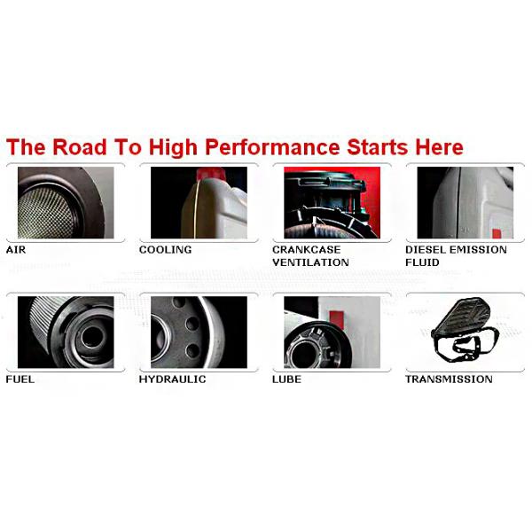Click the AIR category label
point(16,250)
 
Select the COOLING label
point(165,250)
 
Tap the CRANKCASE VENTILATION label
point(310,256)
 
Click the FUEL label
point(20,379)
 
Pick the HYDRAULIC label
point(172,379)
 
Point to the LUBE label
point(286,379)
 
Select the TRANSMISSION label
point(449,379)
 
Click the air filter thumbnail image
point(60,202)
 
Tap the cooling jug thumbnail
point(199,202)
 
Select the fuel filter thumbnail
point(60,332)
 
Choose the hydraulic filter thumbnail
point(199,332)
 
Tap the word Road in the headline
point(81,146)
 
